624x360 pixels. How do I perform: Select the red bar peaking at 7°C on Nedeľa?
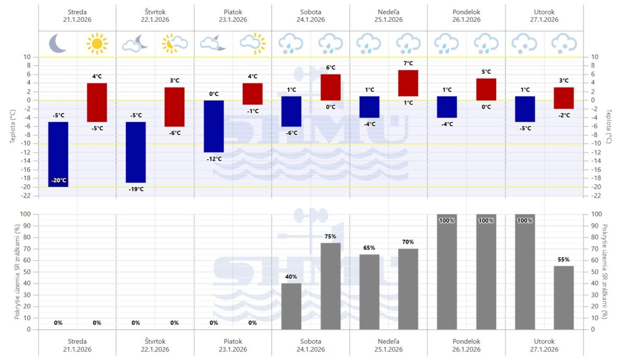(x=408, y=83)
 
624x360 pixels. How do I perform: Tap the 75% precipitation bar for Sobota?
(x=330, y=286)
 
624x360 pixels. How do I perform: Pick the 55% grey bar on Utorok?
(x=564, y=297)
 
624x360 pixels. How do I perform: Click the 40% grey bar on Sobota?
(x=291, y=306)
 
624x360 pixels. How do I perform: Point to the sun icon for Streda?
(x=97, y=44)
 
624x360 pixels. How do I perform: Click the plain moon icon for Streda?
(x=58, y=44)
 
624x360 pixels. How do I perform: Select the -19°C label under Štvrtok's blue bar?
(x=136, y=189)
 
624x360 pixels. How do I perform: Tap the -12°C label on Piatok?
(x=214, y=159)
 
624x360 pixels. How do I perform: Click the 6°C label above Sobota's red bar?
(x=330, y=68)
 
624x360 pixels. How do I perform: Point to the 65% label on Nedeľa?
(x=369, y=248)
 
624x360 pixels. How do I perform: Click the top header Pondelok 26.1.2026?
(x=466, y=16)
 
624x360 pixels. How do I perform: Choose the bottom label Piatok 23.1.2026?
(x=233, y=345)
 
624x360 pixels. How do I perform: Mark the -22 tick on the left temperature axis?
(x=28, y=196)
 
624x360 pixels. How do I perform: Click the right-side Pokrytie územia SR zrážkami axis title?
(x=604, y=272)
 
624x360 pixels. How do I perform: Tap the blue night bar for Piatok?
(x=214, y=126)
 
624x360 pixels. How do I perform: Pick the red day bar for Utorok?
(x=564, y=98)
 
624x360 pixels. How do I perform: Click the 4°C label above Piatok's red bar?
(x=253, y=76)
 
